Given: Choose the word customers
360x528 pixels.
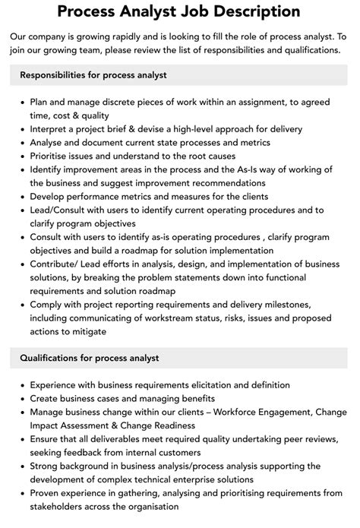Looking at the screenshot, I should pyautogui.click(x=181, y=452).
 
